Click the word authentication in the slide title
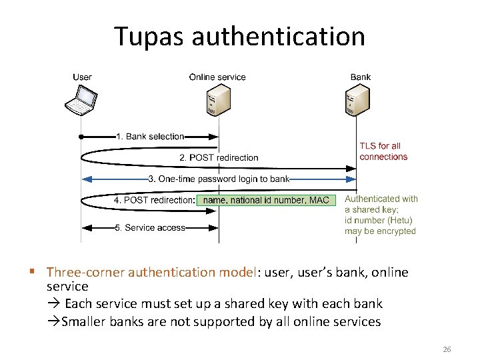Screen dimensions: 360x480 click(278, 36)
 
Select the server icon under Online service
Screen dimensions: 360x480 click(218, 101)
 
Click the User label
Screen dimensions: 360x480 click(82, 77)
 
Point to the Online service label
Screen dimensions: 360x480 click(217, 77)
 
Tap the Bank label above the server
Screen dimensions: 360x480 click(361, 77)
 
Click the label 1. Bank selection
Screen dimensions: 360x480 click(150, 137)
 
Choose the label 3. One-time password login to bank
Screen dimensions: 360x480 click(219, 179)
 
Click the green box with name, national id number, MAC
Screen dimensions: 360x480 click(266, 200)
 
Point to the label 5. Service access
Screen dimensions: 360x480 click(150, 228)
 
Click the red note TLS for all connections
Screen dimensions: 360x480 click(383, 151)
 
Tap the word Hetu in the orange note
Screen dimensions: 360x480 click(400, 221)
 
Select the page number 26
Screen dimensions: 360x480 click(447, 349)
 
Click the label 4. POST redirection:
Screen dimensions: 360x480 click(154, 200)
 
